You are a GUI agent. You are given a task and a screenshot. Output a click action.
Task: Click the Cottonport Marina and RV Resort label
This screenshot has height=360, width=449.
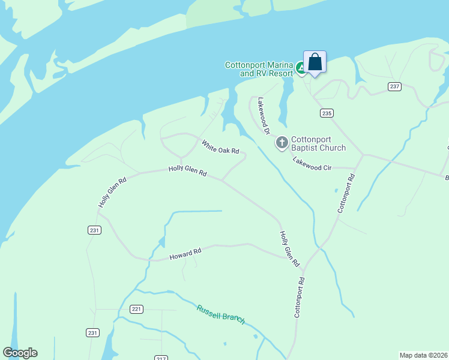pos(259,69)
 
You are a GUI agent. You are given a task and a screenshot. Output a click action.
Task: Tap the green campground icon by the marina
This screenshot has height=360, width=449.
pos(301,69)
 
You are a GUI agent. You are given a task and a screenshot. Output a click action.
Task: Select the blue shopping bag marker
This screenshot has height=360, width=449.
pos(315,62)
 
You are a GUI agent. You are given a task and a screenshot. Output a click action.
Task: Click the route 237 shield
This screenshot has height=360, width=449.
pos(394,86)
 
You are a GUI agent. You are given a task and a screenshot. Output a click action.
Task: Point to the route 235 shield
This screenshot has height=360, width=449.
pos(327,113)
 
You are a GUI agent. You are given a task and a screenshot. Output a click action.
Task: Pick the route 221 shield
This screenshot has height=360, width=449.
pos(136,309)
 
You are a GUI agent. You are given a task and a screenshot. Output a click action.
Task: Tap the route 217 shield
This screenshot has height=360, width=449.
pos(160,358)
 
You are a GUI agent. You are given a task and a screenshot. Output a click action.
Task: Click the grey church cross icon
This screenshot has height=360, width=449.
pos(282,143)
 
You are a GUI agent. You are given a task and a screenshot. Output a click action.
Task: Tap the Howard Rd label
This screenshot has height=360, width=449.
pos(185,254)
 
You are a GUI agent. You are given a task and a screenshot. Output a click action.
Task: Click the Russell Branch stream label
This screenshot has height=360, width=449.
pos(221,314)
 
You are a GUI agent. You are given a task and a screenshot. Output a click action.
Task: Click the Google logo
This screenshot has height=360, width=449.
pos(20,353)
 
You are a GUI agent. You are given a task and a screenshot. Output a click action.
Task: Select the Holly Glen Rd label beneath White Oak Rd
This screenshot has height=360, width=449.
pos(187,171)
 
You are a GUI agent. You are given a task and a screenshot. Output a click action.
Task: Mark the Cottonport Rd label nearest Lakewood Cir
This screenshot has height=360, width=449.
pos(346,193)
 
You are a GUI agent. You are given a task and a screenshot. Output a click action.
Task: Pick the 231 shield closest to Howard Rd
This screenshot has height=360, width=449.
pos(94,230)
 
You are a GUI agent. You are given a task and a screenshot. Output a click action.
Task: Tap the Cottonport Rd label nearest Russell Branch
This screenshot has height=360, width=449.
pos(298,297)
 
